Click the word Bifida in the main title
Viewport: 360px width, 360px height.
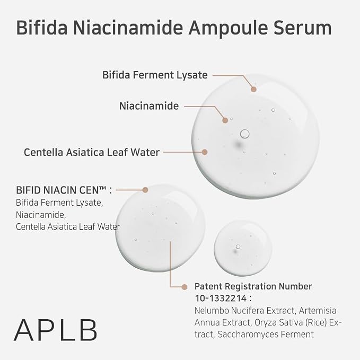42,28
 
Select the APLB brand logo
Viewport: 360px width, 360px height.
56,330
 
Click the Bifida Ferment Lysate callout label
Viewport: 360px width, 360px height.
155,75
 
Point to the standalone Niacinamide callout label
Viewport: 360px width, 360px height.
149,106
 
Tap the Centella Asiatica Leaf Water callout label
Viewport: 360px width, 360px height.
92,152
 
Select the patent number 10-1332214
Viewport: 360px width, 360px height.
221,298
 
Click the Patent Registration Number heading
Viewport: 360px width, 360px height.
253,286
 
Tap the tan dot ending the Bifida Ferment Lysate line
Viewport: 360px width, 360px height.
253,89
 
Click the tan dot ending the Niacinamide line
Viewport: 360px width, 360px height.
225,120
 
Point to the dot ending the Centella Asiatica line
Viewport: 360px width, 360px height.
205,152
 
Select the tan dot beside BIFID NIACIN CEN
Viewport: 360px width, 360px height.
145,190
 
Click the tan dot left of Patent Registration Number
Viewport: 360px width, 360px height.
185,287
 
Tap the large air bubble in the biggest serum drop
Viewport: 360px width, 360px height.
244,134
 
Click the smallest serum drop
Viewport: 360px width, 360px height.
243,248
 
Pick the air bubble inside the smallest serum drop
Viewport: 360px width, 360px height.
238,247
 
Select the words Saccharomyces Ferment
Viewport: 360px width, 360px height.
266,335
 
